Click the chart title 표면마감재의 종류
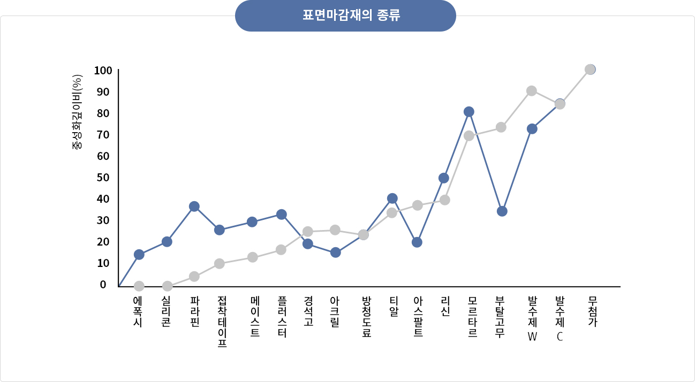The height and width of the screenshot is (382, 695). pos(345,16)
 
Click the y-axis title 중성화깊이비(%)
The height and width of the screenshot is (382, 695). pos(77,112)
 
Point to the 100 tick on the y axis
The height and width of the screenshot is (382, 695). pos(103,70)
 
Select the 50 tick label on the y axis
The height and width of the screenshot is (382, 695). pos(103,177)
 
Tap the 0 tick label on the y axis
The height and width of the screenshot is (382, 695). pos(103,284)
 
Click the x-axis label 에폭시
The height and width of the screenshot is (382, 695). pos(138,311)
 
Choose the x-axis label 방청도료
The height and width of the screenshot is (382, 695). pos(366,316)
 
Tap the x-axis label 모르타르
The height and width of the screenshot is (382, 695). pos(473,316)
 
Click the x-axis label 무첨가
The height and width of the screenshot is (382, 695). pos(593,311)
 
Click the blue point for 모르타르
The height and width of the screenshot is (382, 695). pos(469,112)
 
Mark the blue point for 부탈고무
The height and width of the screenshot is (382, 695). pos(502,211)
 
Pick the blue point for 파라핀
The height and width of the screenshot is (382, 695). pos(194,207)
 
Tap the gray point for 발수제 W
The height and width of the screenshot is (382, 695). pos(532,91)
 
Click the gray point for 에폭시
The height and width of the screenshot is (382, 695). pos(139,286)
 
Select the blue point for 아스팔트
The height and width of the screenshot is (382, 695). pos(417,242)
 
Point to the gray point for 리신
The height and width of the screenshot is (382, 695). pos(444,200)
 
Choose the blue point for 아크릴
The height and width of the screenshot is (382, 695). pos(336,253)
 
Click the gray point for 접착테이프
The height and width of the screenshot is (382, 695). pos(220,264)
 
